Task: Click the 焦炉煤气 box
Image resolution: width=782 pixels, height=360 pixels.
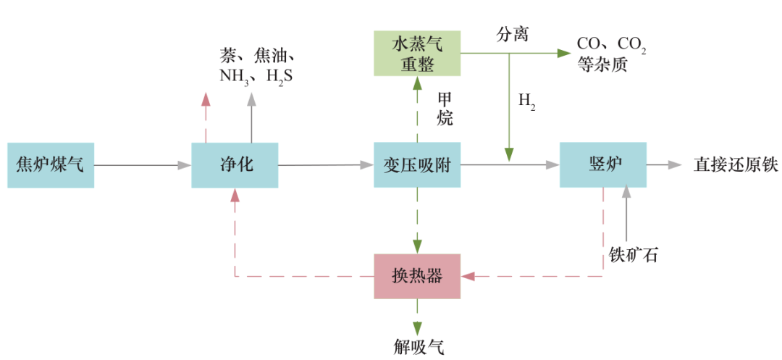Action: click(x=51, y=165)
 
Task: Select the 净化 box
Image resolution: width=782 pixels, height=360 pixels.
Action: click(x=235, y=165)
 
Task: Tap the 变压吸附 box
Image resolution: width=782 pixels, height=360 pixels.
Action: click(x=417, y=165)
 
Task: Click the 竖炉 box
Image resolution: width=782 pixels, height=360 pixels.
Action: click(x=602, y=165)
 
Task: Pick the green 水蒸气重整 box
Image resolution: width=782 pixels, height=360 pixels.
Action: click(x=417, y=54)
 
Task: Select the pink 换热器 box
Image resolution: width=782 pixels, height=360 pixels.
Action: click(x=417, y=276)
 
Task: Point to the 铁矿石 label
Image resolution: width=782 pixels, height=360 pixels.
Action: click(x=634, y=255)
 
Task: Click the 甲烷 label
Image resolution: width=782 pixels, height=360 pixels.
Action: click(x=445, y=109)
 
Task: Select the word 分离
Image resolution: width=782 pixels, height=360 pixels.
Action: click(x=511, y=35)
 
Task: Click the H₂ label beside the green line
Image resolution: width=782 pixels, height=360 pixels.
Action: click(x=526, y=102)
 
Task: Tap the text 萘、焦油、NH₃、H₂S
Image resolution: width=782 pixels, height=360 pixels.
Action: click(x=256, y=66)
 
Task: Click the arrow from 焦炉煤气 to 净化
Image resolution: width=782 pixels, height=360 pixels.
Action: click(x=142, y=165)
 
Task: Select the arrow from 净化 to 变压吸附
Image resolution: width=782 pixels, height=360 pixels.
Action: click(x=326, y=165)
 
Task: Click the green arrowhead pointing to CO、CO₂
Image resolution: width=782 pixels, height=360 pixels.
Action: click(x=563, y=53)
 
